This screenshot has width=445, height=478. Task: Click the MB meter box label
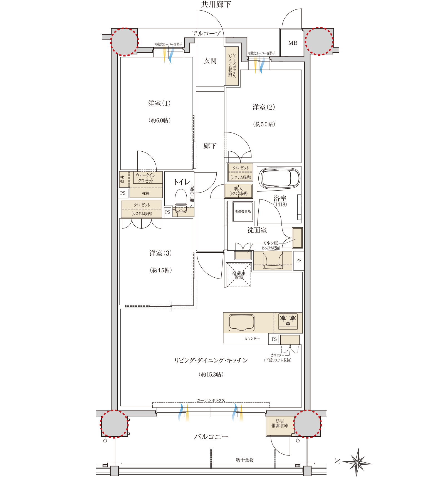293,43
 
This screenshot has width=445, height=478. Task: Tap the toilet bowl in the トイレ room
181,201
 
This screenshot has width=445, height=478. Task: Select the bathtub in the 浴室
279,178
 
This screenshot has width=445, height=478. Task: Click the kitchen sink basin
241,323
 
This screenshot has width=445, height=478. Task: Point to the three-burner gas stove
288,321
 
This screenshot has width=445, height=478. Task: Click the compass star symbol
357,462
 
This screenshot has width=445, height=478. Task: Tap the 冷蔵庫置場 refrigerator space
239,275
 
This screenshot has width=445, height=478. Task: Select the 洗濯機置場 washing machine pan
243,211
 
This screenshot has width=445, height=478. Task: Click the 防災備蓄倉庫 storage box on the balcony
280,426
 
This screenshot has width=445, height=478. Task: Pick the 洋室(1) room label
159,103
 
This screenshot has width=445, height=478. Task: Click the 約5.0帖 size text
264,124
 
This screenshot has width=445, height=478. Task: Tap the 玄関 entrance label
210,61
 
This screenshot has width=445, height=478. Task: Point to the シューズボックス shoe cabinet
232,66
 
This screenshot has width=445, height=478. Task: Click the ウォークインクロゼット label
146,178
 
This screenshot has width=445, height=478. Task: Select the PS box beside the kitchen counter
274,339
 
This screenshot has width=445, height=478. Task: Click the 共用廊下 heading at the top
216,4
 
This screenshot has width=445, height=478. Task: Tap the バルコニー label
211,437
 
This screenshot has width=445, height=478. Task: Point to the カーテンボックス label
211,400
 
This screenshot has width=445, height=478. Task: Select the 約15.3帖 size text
211,374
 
